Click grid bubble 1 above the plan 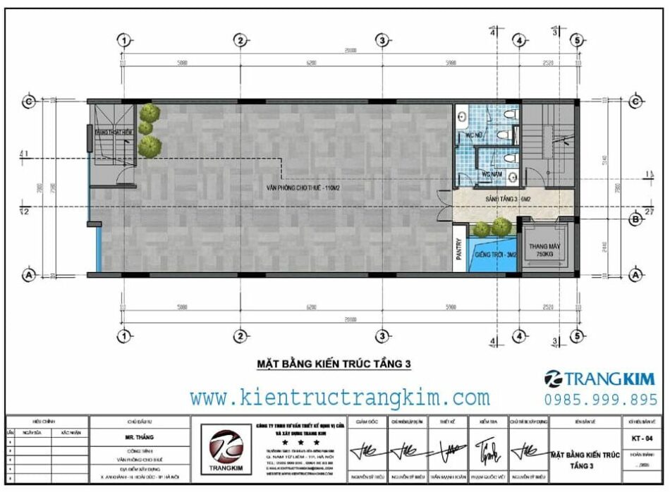(x=123, y=41)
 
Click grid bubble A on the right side (x=635, y=275)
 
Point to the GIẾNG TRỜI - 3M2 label (x=496, y=254)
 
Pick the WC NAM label (x=492, y=173)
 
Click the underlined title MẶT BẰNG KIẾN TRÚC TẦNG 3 (x=332, y=364)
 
